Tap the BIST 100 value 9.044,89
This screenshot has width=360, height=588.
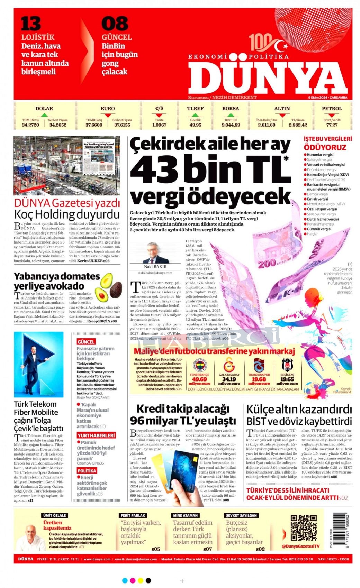pos(231,125)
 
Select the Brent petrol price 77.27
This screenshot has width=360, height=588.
pos(332,125)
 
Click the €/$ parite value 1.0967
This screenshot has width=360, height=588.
pos(159,125)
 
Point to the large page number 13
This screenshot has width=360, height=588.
pos(31,24)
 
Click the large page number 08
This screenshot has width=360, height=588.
pos(115,24)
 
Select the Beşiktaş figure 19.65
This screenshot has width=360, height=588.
pos(287,379)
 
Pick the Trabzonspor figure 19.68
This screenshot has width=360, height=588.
pos(259,379)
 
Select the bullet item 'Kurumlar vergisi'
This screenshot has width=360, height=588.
pos(320,155)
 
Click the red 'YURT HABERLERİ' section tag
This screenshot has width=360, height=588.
pos(96,435)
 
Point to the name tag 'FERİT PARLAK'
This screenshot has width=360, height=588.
pos(133,515)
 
